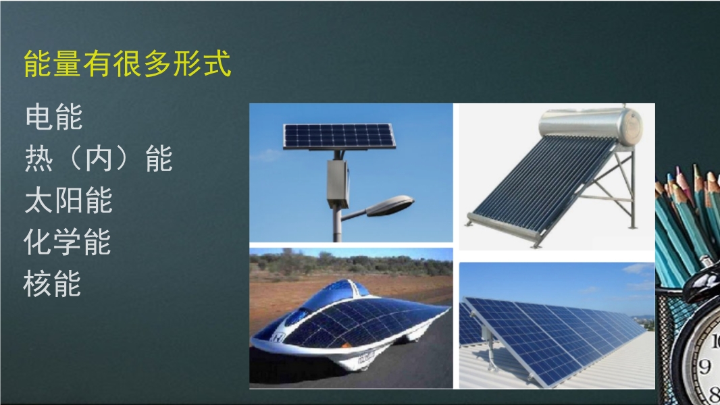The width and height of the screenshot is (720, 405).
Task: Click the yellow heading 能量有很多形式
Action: coord(127,63)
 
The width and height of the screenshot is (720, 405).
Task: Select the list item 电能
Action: coord(54,117)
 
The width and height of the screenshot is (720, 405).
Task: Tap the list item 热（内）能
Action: coord(98,158)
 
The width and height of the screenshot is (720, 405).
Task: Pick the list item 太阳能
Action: coord(68,200)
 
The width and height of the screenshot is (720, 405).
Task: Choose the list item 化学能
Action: coord(68,242)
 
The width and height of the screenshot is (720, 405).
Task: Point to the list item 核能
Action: coord(52,283)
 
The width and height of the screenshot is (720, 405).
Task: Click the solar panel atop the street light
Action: coord(339,136)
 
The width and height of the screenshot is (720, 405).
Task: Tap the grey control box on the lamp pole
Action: coord(338,184)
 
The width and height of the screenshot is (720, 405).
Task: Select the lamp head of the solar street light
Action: coord(390,205)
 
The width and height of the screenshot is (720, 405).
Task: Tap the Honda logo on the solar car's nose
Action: coord(276,338)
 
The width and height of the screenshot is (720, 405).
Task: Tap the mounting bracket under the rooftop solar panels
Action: coord(490,351)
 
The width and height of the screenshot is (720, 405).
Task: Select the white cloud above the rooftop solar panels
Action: coord(638,269)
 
